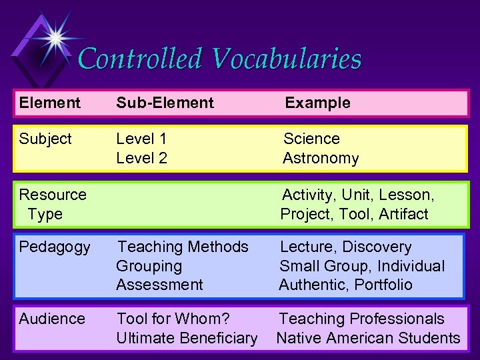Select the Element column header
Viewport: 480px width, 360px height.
click(49, 103)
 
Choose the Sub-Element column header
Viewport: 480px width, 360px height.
click(165, 103)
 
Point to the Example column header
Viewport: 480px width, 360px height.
click(317, 103)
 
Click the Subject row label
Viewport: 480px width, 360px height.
click(45, 139)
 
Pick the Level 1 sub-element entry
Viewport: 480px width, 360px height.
click(141, 139)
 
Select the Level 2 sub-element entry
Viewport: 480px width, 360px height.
click(141, 158)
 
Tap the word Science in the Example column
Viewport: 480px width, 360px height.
click(311, 139)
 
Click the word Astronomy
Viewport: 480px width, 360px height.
click(321, 158)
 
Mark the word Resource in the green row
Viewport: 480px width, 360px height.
click(53, 195)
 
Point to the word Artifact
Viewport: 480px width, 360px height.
click(403, 214)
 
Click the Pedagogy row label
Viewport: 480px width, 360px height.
click(55, 247)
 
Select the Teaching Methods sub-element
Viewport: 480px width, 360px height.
click(182, 247)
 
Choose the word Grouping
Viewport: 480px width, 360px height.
click(149, 266)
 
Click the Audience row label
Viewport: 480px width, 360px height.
click(52, 319)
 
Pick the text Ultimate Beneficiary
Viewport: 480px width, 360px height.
click(187, 338)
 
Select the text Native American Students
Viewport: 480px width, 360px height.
click(368, 338)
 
